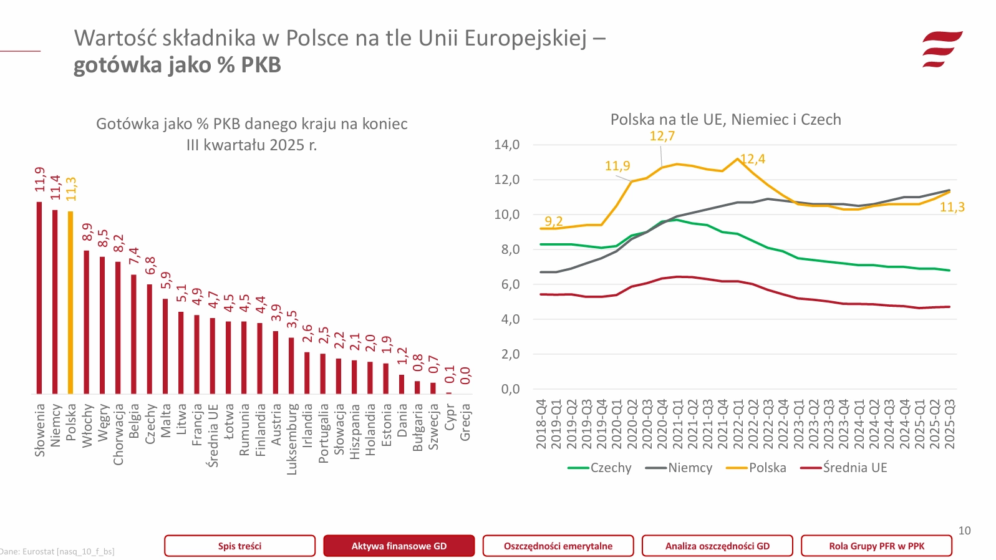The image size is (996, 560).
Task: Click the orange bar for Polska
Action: [70, 302]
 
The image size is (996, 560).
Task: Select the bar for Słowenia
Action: [39, 297]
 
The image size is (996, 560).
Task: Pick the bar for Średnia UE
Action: [213, 355]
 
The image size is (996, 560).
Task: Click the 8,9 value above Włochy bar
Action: [87, 232]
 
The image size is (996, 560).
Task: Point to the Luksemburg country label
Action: [291, 439]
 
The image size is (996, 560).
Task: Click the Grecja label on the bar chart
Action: [465, 422]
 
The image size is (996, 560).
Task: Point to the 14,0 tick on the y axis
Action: [506, 145]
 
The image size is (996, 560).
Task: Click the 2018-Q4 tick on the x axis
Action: [541, 424]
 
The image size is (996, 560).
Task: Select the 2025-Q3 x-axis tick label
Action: [949, 424]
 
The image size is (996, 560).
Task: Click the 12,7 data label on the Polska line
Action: [662, 136]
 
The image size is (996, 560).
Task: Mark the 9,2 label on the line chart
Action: [553, 221]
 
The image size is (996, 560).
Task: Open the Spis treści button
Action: [239, 546]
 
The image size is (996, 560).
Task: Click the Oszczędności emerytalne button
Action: [558, 546]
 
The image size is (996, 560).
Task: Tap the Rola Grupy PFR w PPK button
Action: [876, 546]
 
